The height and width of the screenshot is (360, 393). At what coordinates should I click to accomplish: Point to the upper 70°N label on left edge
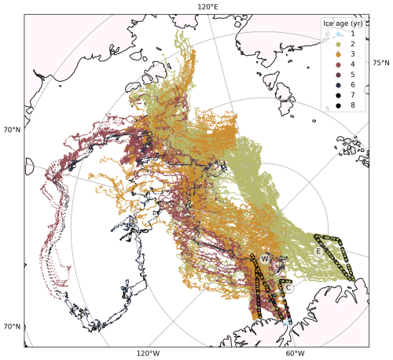12,130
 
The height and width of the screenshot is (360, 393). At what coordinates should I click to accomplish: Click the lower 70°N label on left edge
12,327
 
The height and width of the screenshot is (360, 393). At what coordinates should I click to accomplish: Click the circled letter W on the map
265,259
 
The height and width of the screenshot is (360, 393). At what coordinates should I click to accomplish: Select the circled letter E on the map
318,252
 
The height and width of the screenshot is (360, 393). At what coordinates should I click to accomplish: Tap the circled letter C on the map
288,288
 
